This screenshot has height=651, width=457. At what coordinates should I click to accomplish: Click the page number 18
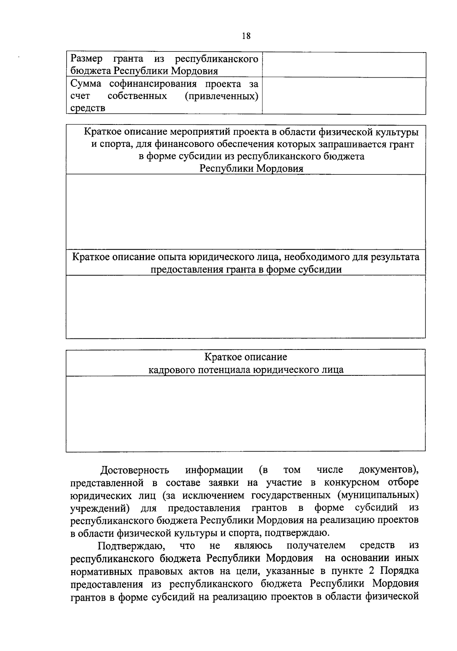tap(246, 36)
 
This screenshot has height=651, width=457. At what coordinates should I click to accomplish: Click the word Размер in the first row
tap(86, 59)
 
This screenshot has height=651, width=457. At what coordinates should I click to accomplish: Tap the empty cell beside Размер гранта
tap(344, 65)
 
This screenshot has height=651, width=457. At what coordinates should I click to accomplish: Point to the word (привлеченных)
tap(221, 96)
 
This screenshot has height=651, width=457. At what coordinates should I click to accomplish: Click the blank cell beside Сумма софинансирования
tap(344, 96)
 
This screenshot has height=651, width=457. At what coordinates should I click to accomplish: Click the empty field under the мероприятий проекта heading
tap(246, 212)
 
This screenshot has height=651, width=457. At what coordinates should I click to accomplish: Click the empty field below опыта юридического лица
tap(246, 306)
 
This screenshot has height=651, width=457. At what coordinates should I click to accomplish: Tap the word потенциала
tap(227, 370)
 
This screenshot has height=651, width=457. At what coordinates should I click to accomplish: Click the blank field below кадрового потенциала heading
tap(246, 413)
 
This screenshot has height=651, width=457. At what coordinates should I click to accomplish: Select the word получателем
tap(316, 546)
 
